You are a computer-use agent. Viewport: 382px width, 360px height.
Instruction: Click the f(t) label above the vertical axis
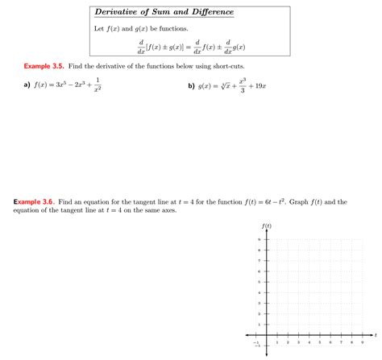267,226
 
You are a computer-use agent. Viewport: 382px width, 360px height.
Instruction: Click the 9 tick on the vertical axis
260,239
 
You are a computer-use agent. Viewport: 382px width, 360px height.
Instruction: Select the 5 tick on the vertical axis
260,281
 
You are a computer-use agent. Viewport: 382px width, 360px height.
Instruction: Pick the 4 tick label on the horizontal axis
309,342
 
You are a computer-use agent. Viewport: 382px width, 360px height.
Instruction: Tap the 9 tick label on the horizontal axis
362,342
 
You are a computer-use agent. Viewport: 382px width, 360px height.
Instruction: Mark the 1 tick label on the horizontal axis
276,342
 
